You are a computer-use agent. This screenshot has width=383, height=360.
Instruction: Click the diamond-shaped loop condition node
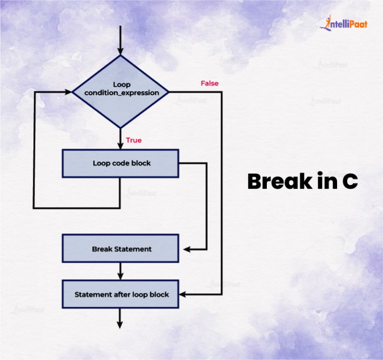coord(121,91)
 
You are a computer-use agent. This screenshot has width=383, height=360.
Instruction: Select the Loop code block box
coord(121,163)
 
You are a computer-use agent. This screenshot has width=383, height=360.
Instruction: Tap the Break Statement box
coord(121,248)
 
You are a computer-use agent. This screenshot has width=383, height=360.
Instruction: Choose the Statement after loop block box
coord(121,294)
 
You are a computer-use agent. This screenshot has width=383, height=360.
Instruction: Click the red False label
coord(209,83)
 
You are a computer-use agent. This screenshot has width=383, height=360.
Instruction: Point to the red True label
coord(134,140)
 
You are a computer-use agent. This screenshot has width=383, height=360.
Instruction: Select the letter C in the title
coord(350,182)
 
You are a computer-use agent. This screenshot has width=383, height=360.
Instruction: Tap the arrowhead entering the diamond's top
coord(120,51)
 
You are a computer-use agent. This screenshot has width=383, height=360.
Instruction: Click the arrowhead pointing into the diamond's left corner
coord(68,92)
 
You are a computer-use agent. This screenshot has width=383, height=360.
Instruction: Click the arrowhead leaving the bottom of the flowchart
coord(120,325)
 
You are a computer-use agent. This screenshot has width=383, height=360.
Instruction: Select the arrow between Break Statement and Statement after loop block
coord(120,271)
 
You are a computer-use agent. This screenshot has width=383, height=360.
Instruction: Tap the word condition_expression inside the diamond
coord(122,93)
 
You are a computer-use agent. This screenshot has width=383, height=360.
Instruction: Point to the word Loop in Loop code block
coord(101,163)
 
